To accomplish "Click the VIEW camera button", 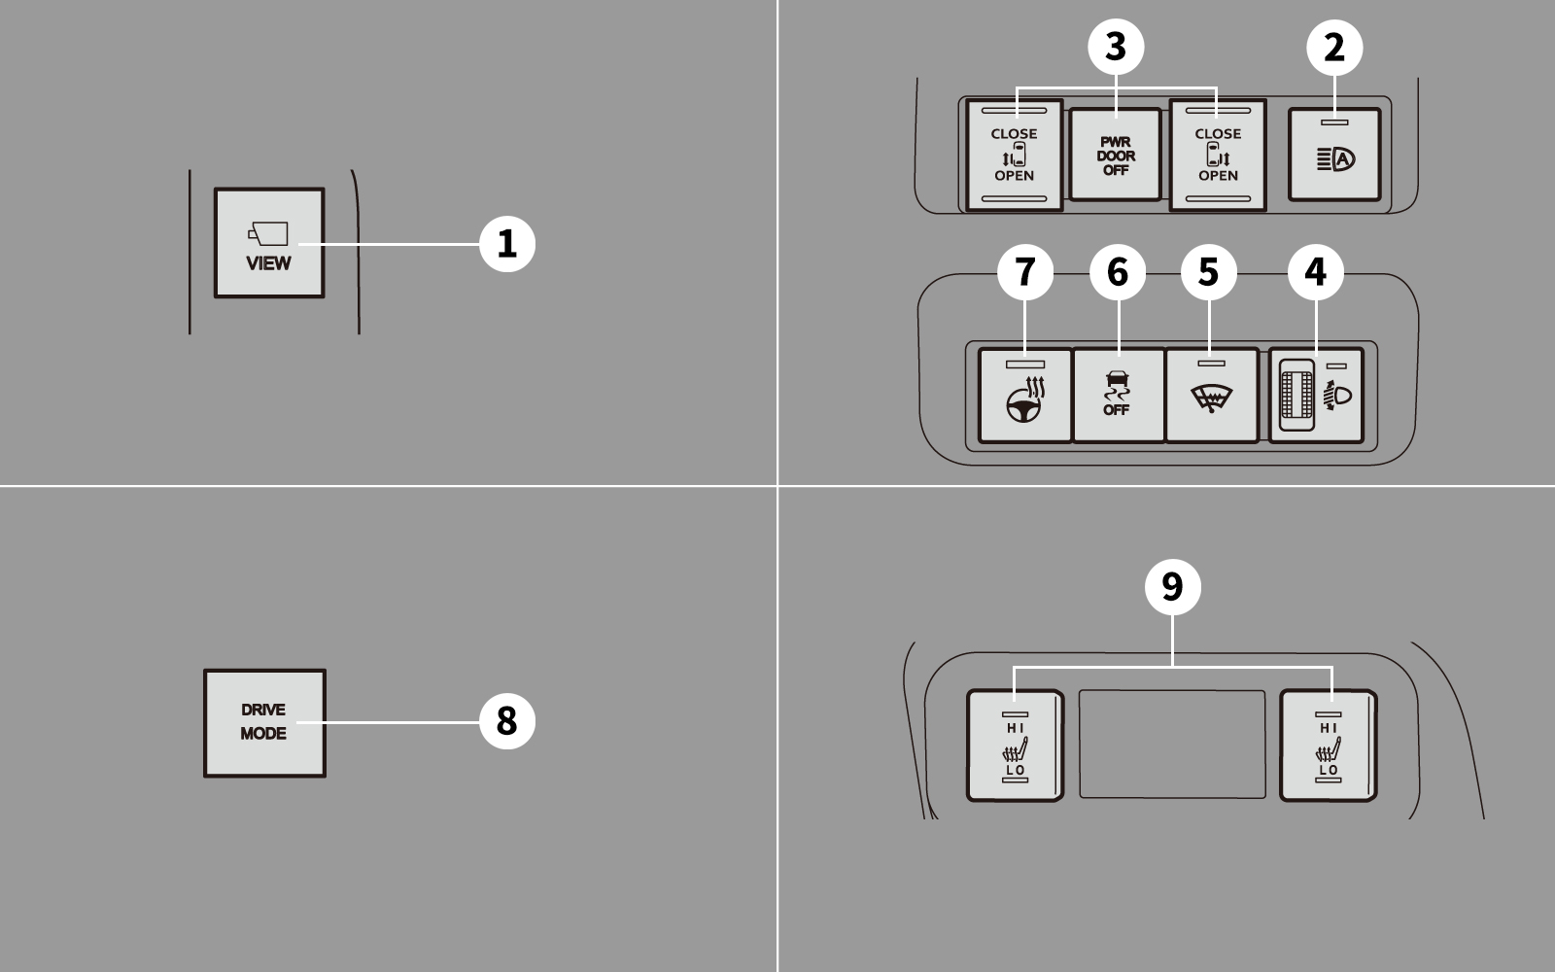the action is (x=269, y=243).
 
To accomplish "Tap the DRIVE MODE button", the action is (x=264, y=723).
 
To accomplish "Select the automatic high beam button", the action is (x=1334, y=155).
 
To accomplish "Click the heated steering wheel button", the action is (x=1025, y=395).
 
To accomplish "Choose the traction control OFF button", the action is (x=1119, y=395).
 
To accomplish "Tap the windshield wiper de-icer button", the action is (x=1211, y=395).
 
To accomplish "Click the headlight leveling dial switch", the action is (x=1316, y=395).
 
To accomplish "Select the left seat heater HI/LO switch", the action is (x=1015, y=746).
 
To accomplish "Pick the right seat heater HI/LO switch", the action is (x=1328, y=746).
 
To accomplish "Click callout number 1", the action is (x=507, y=244).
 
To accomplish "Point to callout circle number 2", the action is (x=1334, y=48).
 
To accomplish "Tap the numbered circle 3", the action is (x=1116, y=47).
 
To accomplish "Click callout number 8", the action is (x=507, y=721).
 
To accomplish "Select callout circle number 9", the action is (x=1172, y=587).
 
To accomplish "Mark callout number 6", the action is (x=1118, y=271).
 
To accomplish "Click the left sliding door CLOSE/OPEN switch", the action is (x=1015, y=155).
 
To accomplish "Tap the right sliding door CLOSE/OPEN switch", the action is (x=1218, y=155).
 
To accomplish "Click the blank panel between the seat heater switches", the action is (x=1172, y=745).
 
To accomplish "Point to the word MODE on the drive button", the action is (x=263, y=734).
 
